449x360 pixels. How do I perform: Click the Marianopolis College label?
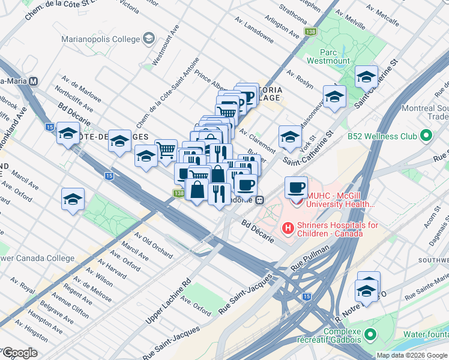click(x=100, y=40)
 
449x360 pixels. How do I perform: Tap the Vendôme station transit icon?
click(x=259, y=200)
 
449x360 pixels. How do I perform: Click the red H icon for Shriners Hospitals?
click(x=288, y=229)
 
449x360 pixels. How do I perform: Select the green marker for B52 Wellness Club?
click(x=427, y=136)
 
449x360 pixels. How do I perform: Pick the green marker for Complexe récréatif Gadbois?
click(x=371, y=333)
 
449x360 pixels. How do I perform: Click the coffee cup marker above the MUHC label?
click(x=296, y=188)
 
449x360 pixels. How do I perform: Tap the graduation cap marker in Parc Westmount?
click(x=366, y=77)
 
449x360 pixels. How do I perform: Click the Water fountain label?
click(x=425, y=334)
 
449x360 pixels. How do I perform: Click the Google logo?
click(x=20, y=353)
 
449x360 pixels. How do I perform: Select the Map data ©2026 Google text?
click(x=411, y=355)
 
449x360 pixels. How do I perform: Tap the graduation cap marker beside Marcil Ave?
click(x=73, y=200)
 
